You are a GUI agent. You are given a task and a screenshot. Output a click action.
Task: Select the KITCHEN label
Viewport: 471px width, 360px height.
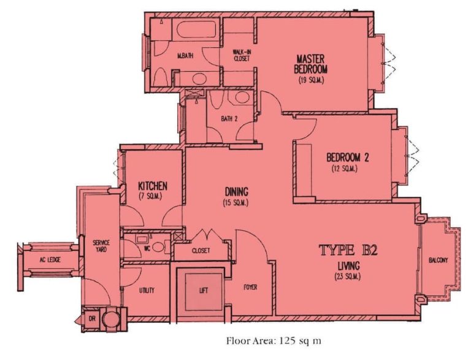click(152, 186)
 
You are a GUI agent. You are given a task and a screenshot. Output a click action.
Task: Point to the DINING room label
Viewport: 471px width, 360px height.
click(236, 191)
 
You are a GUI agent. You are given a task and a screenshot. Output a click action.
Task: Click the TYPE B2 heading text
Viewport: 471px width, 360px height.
click(347, 250)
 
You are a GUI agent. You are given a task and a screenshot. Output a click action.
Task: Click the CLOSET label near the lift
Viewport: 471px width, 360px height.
click(201, 251)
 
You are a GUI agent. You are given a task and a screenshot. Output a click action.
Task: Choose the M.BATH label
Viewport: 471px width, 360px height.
click(186, 56)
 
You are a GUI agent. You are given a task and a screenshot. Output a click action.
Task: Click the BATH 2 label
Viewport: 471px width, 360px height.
click(229, 118)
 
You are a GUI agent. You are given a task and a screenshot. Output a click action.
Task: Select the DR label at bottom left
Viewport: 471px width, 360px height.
click(92, 319)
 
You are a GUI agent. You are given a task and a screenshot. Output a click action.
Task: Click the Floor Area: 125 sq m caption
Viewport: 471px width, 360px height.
click(274, 340)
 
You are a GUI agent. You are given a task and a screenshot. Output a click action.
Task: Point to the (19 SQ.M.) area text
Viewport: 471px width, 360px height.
click(311, 80)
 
